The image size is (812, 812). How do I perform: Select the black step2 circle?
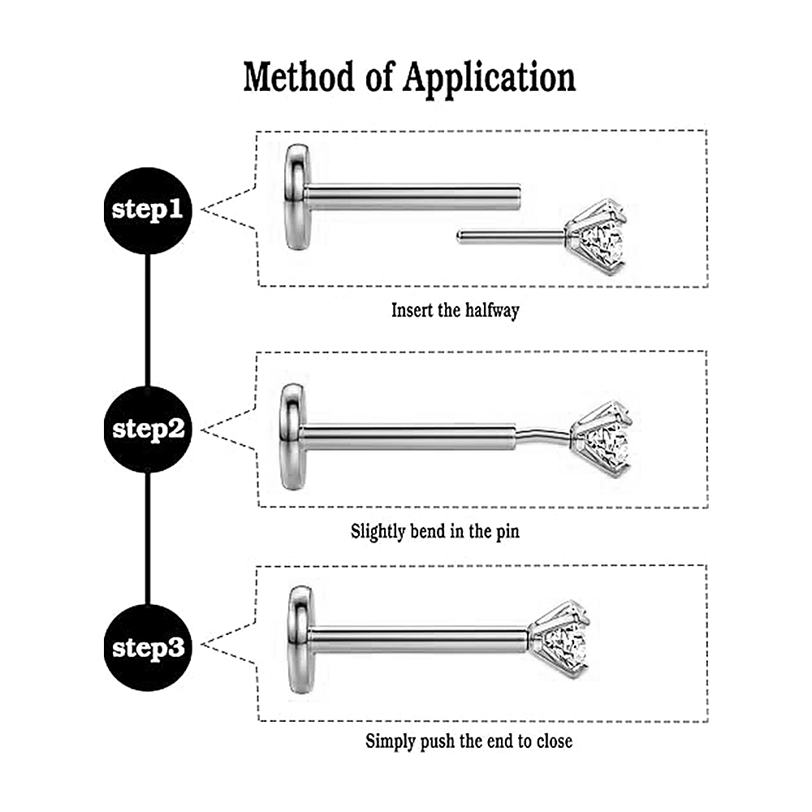(x=148, y=429)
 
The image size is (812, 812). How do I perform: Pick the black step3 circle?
(x=148, y=647)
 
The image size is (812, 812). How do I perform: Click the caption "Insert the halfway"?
(x=455, y=310)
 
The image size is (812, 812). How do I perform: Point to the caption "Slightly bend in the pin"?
(x=434, y=533)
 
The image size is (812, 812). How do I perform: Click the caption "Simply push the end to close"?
(x=469, y=741)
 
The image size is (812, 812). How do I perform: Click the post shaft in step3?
(x=418, y=640)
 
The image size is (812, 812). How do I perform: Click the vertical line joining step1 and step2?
(x=148, y=321)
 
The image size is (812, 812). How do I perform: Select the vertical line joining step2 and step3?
(x=148, y=538)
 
